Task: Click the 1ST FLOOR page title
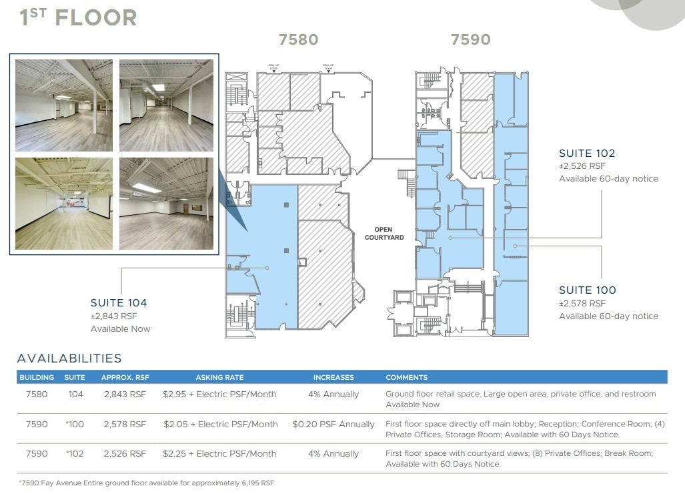pyautogui.click(x=78, y=17)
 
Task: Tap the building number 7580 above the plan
pyautogui.click(x=298, y=40)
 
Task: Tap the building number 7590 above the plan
pyautogui.click(x=470, y=40)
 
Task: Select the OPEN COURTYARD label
pyautogui.click(x=384, y=233)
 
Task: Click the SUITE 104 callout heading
pyautogui.click(x=119, y=303)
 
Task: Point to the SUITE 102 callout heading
pyautogui.click(x=587, y=153)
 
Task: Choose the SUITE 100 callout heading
pyautogui.click(x=587, y=290)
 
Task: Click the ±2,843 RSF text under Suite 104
pyautogui.click(x=114, y=316)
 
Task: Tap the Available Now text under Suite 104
pyautogui.click(x=121, y=328)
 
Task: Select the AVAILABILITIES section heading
pyautogui.click(x=69, y=358)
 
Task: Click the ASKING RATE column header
pyautogui.click(x=219, y=377)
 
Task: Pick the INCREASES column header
pyautogui.click(x=333, y=377)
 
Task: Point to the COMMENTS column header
pyautogui.click(x=406, y=377)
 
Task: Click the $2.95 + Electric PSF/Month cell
pyautogui.click(x=219, y=395)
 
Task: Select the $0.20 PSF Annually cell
pyautogui.click(x=333, y=424)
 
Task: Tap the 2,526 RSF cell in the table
pyautogui.click(x=125, y=453)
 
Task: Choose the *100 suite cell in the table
pyautogui.click(x=75, y=424)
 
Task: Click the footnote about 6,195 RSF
pyautogui.click(x=146, y=482)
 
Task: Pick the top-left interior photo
pyautogui.click(x=63, y=105)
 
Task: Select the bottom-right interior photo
pyautogui.click(x=166, y=204)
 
